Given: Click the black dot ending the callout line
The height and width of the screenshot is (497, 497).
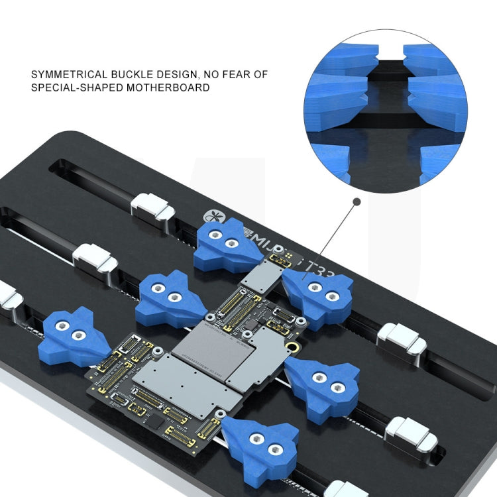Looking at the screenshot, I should pyautogui.click(x=357, y=201).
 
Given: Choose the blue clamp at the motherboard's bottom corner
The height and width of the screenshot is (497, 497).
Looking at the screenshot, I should pyautogui.click(x=260, y=443).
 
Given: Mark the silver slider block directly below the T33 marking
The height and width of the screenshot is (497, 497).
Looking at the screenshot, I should pyautogui.click(x=401, y=341).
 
